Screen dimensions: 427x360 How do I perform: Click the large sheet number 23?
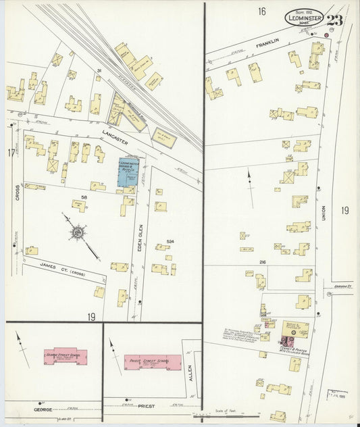click(335, 19)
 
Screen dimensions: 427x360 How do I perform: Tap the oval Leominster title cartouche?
click(304, 18)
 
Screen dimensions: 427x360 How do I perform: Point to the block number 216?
click(261, 261)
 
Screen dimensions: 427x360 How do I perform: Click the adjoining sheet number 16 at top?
click(261, 11)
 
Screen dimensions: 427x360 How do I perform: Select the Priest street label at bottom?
click(146, 407)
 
